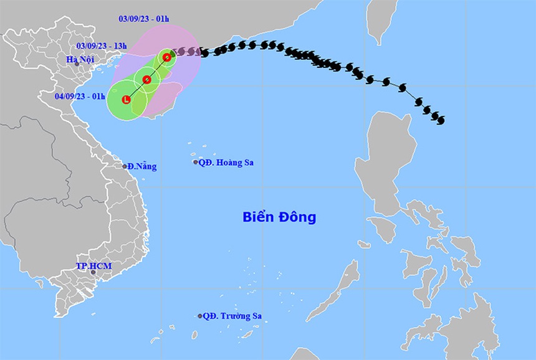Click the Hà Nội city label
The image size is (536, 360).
pos(79,59)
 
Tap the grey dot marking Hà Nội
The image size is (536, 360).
pos(77,64)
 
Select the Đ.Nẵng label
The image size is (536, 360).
pos(142,166)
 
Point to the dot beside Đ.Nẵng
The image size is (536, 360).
pos(125,166)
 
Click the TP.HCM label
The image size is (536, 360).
pos(93,266)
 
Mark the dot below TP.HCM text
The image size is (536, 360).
pos(93,272)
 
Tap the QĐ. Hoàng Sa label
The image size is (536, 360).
pos(227,163)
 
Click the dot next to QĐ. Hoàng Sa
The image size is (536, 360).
pos(196,162)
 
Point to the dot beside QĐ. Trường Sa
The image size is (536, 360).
pos(200,316)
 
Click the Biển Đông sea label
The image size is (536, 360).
pos(279,217)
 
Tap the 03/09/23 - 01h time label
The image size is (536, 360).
pos(143,19)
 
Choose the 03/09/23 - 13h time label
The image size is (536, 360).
pos(102,45)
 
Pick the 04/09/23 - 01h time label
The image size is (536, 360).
pos(80,96)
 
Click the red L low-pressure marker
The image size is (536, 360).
pos(127,99)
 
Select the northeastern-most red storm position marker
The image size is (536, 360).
pos(167,57)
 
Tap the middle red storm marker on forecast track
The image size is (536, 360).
pos(147,80)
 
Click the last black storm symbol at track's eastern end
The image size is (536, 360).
pos(440,119)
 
